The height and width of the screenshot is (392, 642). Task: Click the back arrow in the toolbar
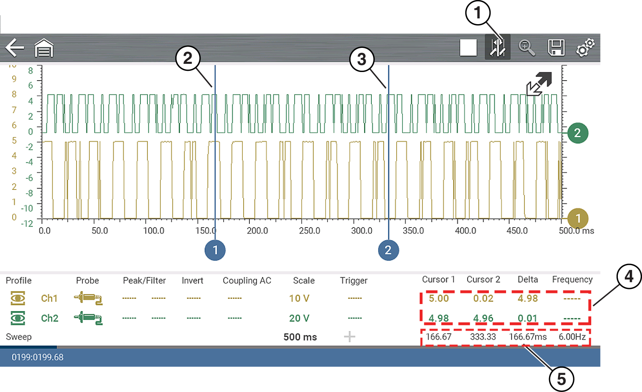pyautogui.click(x=15, y=47)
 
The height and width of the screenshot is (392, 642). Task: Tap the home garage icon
pyautogui.click(x=44, y=48)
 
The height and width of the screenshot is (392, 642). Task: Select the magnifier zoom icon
pyautogui.click(x=527, y=47)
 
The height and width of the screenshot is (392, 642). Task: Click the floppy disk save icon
pyautogui.click(x=556, y=47)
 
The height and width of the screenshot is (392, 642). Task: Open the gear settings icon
pyautogui.click(x=585, y=47)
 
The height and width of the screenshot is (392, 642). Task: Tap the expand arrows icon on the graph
pyautogui.click(x=539, y=84)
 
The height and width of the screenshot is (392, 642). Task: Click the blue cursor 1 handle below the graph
pyautogui.click(x=215, y=250)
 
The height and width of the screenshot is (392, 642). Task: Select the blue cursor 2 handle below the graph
pyautogui.click(x=388, y=250)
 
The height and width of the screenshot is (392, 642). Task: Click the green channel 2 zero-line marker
pyautogui.click(x=577, y=133)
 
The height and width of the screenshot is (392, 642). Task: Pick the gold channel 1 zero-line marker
pyautogui.click(x=578, y=218)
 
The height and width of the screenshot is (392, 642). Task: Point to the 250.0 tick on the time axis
pyautogui.click(x=310, y=231)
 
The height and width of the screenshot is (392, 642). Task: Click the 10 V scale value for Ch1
pyautogui.click(x=299, y=298)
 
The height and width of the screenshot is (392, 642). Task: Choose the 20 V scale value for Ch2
pyautogui.click(x=299, y=318)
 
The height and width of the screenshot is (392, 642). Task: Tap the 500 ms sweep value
pyautogui.click(x=300, y=337)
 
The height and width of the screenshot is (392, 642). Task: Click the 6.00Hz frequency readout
pyautogui.click(x=572, y=337)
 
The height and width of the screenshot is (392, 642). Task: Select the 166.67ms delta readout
pyautogui.click(x=528, y=337)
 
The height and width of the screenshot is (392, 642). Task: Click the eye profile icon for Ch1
pyautogui.click(x=18, y=298)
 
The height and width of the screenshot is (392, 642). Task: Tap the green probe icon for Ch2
pyautogui.click(x=88, y=318)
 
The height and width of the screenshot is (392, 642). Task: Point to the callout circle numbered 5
pyautogui.click(x=561, y=379)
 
